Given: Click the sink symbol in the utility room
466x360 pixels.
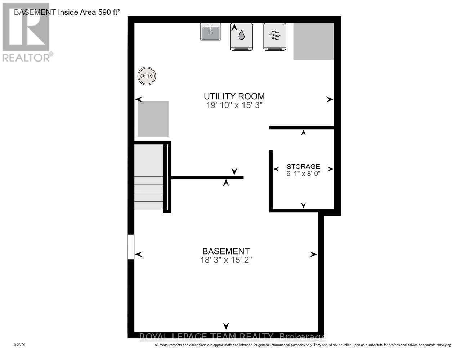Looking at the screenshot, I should [210, 32].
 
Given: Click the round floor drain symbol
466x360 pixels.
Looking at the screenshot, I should [147, 76].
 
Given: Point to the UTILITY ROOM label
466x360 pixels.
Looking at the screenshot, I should [234, 96].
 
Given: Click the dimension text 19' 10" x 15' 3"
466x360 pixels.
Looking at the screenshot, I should [234, 105].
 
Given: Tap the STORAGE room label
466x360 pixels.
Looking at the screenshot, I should [303, 166].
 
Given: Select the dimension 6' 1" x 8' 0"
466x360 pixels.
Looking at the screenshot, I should [303, 173].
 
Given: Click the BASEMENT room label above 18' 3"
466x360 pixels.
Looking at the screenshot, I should [226, 251].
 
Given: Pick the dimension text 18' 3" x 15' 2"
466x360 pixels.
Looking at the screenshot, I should [226, 260].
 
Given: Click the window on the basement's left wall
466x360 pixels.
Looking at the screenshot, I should [131, 247].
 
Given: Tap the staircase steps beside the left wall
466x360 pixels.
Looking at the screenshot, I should [149, 193].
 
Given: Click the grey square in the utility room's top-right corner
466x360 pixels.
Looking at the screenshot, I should [313, 41].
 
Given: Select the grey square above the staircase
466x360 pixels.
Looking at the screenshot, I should [153, 119].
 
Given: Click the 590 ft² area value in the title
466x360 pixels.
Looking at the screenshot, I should [106, 12].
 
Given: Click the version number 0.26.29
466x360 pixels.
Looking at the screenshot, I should [19, 345].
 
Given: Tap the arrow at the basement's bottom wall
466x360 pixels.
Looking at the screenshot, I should [226, 326].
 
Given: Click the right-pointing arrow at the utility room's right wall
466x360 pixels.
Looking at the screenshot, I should [330, 99].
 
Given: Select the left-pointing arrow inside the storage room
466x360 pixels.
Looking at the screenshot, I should [277, 169].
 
